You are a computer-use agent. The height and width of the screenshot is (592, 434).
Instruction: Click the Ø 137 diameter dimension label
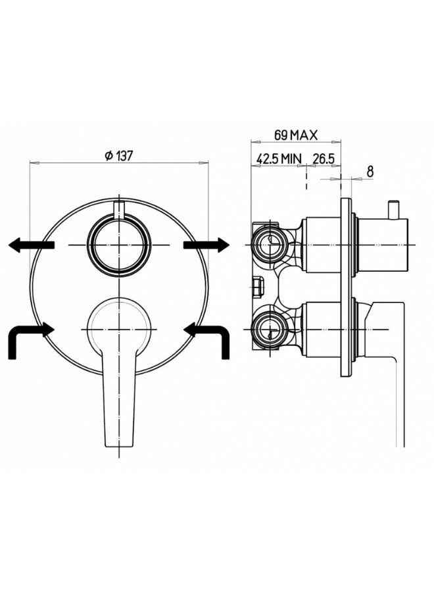[119, 155]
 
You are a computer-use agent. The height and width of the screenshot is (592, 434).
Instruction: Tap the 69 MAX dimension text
[295, 135]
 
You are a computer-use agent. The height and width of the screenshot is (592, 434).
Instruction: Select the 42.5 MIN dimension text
[279, 159]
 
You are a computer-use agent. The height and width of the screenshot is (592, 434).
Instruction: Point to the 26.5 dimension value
[324, 159]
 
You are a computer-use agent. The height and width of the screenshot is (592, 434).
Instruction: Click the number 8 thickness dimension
[370, 172]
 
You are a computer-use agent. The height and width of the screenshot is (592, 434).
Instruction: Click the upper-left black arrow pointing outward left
[32, 245]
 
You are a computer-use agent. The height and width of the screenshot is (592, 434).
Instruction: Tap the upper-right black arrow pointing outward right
[206, 245]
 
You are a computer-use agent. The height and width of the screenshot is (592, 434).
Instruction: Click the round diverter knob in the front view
[119, 245]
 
